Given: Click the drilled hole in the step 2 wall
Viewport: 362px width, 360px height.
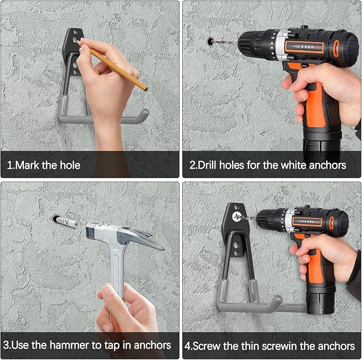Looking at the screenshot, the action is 210,42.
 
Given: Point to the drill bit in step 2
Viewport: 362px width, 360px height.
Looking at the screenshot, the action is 224,43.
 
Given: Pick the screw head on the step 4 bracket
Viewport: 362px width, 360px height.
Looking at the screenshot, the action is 236,216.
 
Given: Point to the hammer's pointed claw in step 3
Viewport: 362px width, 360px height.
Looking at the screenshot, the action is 148,242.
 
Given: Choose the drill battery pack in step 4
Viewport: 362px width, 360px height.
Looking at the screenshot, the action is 321,300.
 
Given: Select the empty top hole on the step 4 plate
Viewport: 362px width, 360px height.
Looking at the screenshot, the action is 236,207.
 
